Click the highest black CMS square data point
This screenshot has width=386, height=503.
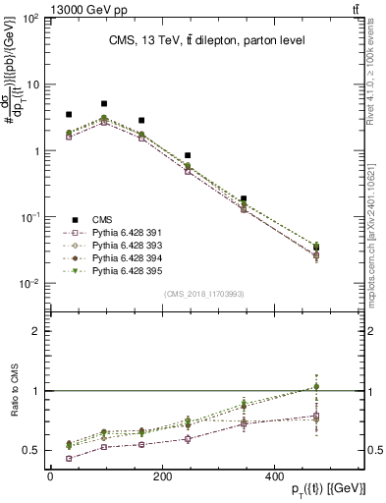(104, 103)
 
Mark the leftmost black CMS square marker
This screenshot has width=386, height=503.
(68, 115)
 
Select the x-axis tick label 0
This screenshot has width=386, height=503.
(50, 476)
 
